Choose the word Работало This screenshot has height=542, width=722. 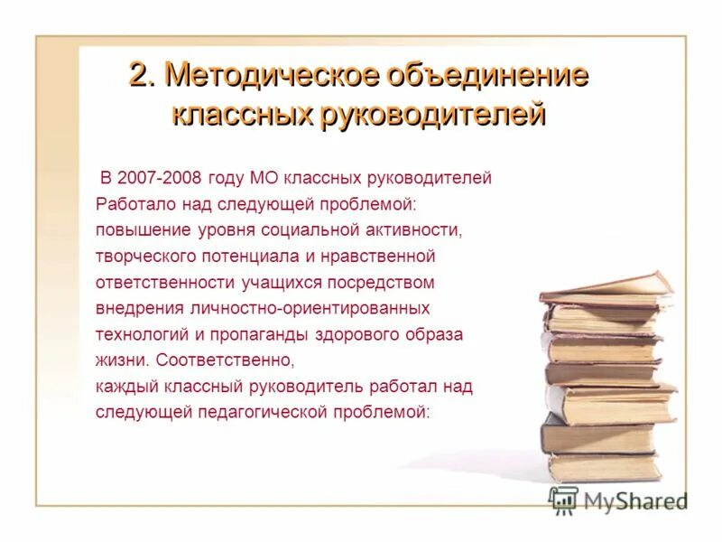[133, 204]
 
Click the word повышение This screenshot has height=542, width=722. [137, 230]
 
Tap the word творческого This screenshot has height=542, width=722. [144, 257]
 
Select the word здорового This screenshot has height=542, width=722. [356, 335]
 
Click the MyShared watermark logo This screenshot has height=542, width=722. [617, 500]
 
